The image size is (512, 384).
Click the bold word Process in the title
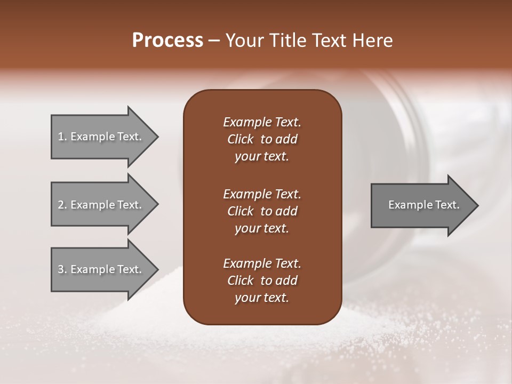(167, 40)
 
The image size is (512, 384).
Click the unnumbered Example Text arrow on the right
(421, 205)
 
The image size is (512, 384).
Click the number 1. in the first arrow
(62, 137)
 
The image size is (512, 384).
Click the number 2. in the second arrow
(62, 205)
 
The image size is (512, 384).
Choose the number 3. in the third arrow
(62, 269)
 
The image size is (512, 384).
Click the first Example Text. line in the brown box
(262, 122)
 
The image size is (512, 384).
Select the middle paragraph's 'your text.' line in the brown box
(262, 228)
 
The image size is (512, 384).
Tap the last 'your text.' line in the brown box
(262, 298)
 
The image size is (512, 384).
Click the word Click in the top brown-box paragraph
(240, 139)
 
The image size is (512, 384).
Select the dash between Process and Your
(214, 41)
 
